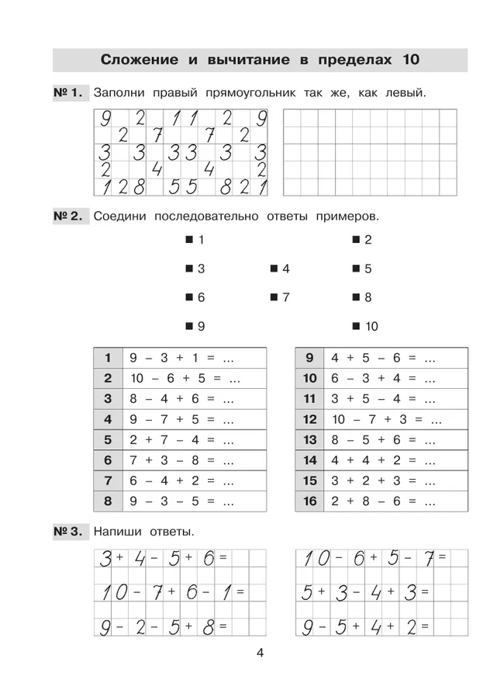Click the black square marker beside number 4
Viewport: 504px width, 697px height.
point(274,269)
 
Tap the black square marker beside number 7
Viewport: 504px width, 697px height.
point(274,297)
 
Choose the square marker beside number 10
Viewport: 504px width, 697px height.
point(355,326)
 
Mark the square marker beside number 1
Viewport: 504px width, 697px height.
point(189,240)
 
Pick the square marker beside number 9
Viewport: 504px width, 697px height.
point(189,326)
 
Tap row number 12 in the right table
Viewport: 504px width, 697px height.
point(310,419)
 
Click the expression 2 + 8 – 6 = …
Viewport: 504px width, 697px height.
point(382,501)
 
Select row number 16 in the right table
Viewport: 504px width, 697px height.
point(310,501)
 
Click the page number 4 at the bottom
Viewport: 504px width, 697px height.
point(261,653)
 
